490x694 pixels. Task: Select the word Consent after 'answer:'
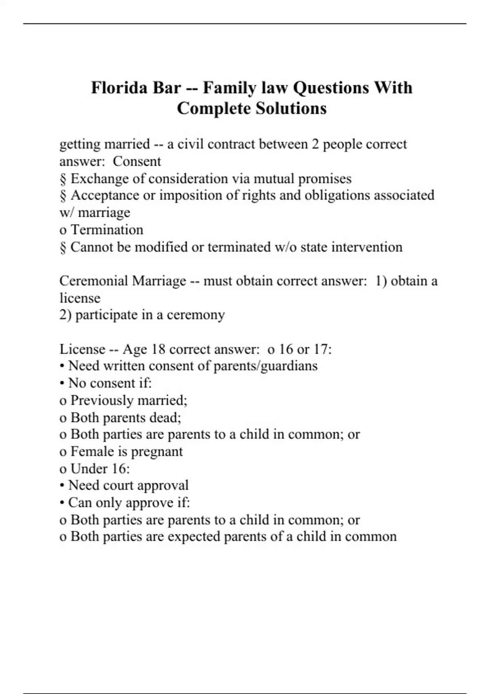tap(137, 161)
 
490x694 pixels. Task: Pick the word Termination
tap(107, 230)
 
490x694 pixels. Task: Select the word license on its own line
tap(80, 298)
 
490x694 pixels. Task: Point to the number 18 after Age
tap(158, 349)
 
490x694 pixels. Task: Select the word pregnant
tap(159, 452)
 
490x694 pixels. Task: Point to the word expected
tap(194, 536)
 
